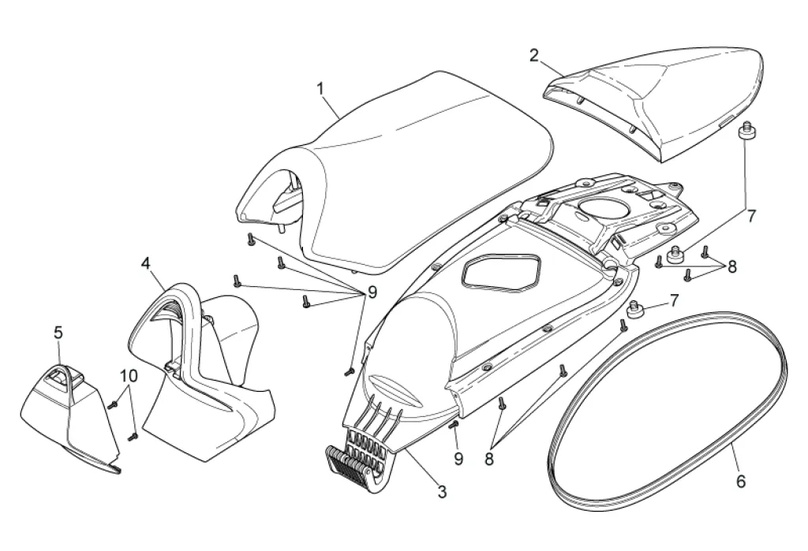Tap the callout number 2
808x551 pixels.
click(x=534, y=55)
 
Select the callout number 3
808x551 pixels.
click(x=442, y=493)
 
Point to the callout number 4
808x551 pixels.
click(x=146, y=262)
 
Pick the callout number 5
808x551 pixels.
click(x=58, y=333)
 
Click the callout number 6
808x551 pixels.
click(x=739, y=480)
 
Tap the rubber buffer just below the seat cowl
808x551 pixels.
click(x=743, y=130)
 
